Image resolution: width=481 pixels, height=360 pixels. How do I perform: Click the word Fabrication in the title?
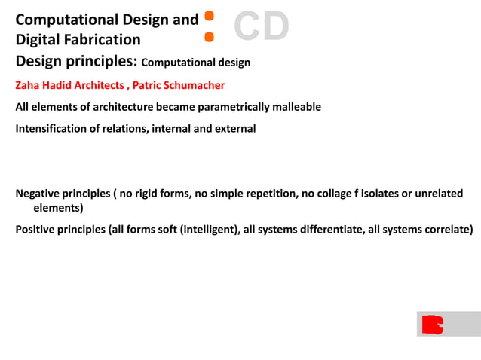pyautogui.click(x=103, y=39)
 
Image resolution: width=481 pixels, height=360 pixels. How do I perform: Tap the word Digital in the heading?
pyautogui.click(x=38, y=39)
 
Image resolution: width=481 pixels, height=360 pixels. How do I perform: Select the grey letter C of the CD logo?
pyautogui.click(x=247, y=27)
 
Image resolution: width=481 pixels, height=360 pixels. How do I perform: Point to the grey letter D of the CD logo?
pyautogui.click(x=275, y=27)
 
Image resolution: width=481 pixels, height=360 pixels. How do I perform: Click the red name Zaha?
pyautogui.click(x=29, y=85)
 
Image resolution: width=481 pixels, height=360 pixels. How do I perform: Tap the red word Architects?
pyautogui.click(x=98, y=85)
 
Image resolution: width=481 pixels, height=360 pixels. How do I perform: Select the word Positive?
pyautogui.click(x=35, y=229)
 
